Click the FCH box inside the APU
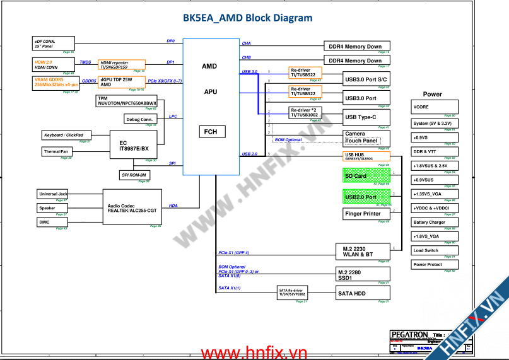(210, 132)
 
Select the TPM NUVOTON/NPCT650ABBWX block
(127, 101)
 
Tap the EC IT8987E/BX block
(133, 146)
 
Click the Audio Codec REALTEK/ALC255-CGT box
(132, 207)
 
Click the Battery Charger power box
(433, 222)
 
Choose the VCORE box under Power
(433, 107)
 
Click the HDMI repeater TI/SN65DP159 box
(121, 65)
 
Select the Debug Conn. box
(139, 119)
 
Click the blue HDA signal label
(173, 205)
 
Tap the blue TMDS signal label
(85, 62)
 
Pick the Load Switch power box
(433, 250)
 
